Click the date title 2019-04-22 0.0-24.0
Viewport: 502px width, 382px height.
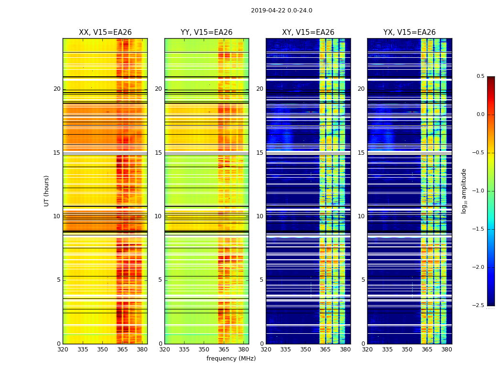coord(282,11)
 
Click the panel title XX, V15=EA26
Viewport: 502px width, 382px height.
coord(105,32)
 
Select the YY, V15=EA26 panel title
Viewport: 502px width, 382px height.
coord(207,32)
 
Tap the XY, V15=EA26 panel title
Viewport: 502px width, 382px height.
coord(308,32)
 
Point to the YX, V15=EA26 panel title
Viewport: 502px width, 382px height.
coord(409,32)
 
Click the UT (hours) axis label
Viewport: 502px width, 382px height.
coord(46,191)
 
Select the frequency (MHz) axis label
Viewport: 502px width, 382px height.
coord(231,359)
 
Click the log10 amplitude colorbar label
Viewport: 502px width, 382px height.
coord(464,191)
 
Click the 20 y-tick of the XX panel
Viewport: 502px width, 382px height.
coord(57,89)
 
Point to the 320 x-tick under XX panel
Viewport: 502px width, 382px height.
coord(63,350)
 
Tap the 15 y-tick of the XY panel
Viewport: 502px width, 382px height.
coord(260,153)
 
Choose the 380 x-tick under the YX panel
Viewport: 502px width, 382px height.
coord(447,350)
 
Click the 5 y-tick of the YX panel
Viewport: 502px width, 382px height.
coord(363,280)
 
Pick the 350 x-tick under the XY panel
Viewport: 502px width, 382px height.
coord(306,350)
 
